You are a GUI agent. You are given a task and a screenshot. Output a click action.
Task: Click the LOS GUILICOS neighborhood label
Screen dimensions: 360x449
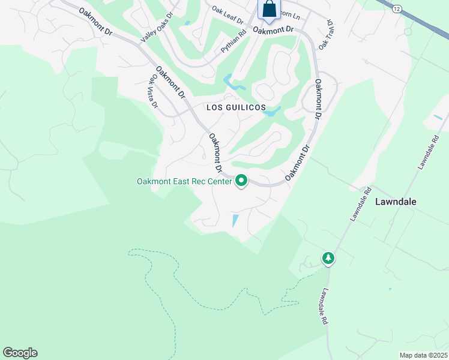click(236, 107)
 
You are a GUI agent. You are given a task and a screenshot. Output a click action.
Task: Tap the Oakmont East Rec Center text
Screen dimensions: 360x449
click(184, 181)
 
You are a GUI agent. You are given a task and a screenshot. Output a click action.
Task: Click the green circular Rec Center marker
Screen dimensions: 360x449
click(241, 180)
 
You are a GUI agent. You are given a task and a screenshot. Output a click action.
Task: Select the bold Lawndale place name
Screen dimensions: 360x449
click(396, 202)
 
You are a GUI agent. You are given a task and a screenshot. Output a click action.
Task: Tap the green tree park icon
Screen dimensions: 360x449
click(328, 258)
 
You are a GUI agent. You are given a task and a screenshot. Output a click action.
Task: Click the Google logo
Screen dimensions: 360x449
click(20, 353)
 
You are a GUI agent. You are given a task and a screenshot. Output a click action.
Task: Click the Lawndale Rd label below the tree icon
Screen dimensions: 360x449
click(324, 307)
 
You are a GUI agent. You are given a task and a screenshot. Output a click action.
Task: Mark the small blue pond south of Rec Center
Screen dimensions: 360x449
click(235, 221)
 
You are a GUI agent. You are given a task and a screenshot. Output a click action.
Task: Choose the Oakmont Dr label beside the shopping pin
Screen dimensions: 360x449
click(273, 29)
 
